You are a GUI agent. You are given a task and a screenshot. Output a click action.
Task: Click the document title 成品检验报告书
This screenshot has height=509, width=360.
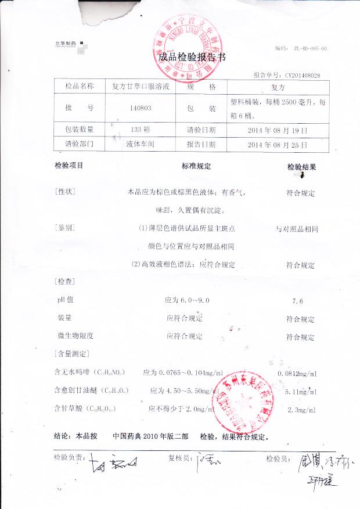point(192,58)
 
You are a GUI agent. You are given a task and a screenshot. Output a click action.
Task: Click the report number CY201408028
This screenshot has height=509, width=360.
point(302,76)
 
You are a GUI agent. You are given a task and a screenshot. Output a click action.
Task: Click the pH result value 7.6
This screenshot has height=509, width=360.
point(300,301)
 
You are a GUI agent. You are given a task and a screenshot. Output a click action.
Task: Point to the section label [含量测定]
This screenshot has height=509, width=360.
point(71,353)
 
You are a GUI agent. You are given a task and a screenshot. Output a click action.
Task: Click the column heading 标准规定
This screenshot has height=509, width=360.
point(196,166)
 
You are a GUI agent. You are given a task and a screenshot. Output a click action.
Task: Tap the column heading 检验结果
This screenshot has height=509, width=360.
point(301,167)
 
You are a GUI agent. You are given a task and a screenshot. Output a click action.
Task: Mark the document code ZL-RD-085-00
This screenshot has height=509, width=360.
point(309,49)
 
